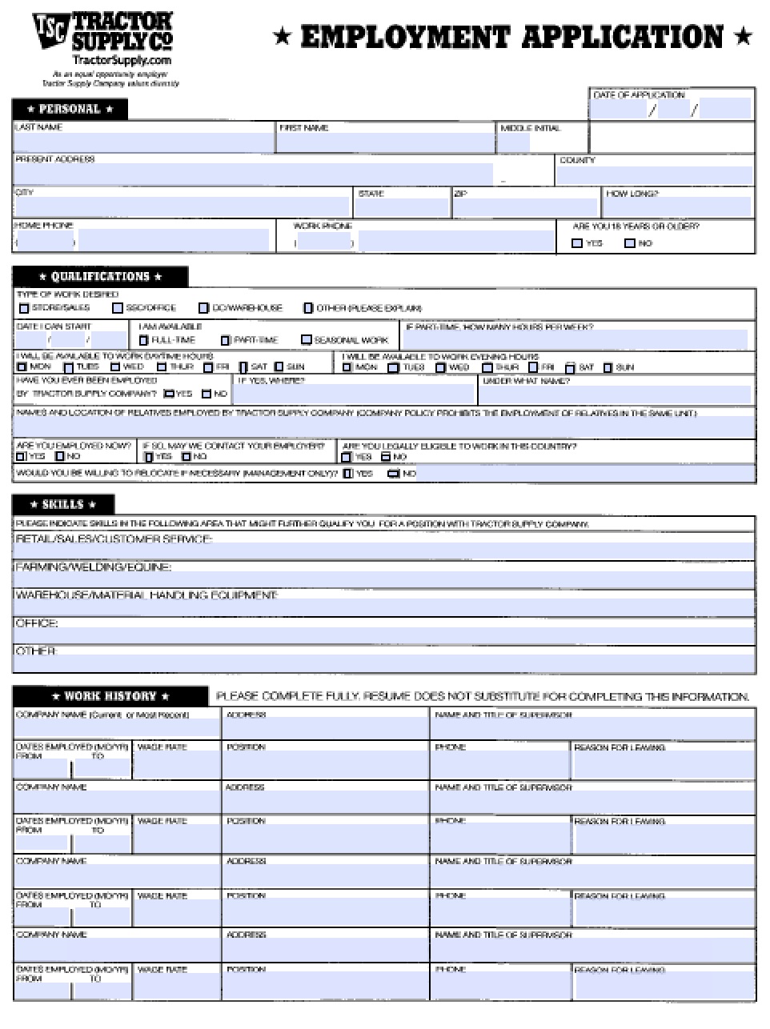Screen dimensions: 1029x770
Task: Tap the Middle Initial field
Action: (515, 142)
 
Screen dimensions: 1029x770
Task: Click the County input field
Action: (655, 174)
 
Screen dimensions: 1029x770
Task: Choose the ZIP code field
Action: (526, 206)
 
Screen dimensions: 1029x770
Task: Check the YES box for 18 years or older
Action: (577, 243)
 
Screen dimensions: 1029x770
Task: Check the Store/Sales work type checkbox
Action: (24, 308)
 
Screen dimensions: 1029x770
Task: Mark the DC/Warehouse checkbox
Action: (204, 308)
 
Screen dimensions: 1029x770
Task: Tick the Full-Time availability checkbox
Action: (144, 340)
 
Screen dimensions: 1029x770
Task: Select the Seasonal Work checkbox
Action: (306, 340)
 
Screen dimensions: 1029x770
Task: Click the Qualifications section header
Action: (101, 277)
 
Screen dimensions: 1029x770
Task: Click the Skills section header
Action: (63, 505)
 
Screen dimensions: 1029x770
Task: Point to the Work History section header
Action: (110, 696)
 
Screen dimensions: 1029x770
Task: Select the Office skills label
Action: (37, 623)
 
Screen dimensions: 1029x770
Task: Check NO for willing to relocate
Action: (393, 474)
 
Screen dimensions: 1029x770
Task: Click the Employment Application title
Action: (512, 37)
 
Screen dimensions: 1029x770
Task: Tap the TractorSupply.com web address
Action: (122, 60)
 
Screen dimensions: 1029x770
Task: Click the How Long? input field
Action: (677, 206)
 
